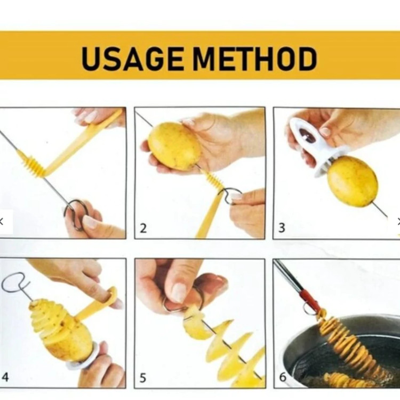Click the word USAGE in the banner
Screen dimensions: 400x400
132,59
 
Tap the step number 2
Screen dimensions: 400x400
143,228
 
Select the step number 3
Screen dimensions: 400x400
282,228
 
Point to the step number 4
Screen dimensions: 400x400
5,377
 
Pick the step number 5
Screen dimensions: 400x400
143,378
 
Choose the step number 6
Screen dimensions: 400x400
283,377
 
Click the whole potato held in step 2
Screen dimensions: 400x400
175,146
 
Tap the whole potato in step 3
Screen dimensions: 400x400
353,182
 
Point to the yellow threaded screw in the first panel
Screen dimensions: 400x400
32,163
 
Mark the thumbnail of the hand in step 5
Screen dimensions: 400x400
179,293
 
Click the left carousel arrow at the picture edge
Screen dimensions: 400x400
2,221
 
